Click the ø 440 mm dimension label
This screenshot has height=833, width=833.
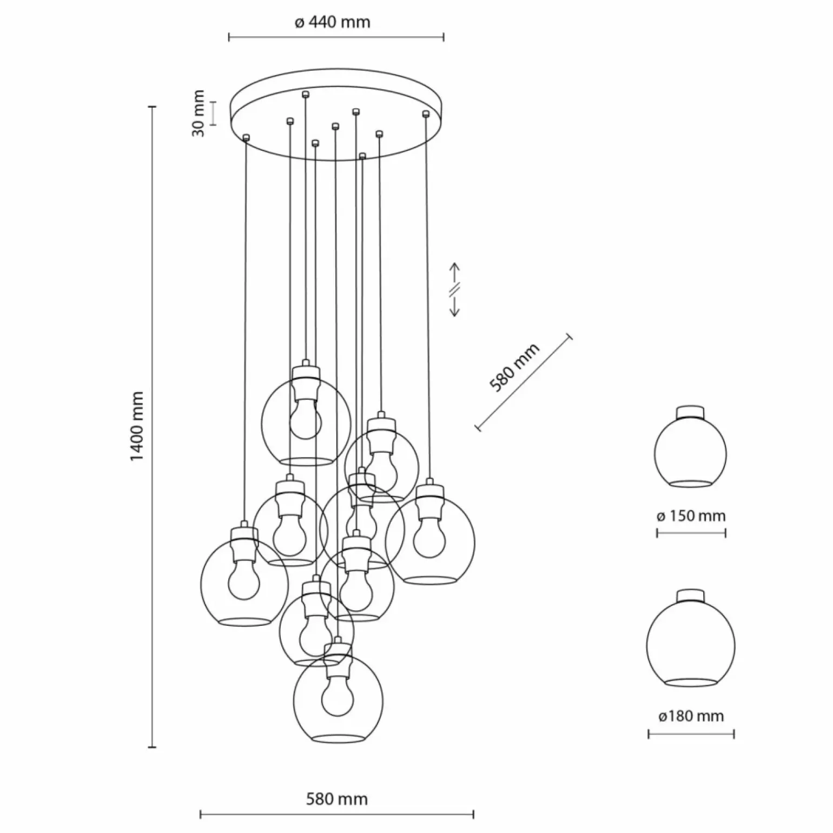(333, 22)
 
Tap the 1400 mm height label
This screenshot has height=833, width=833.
(137, 426)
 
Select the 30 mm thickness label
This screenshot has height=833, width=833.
(199, 114)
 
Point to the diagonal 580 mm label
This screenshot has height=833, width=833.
(514, 368)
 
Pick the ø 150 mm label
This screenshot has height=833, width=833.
(691, 515)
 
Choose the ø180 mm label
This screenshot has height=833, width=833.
(691, 716)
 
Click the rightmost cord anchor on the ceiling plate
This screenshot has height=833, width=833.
(426, 113)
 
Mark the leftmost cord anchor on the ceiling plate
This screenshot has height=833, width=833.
(247, 137)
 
